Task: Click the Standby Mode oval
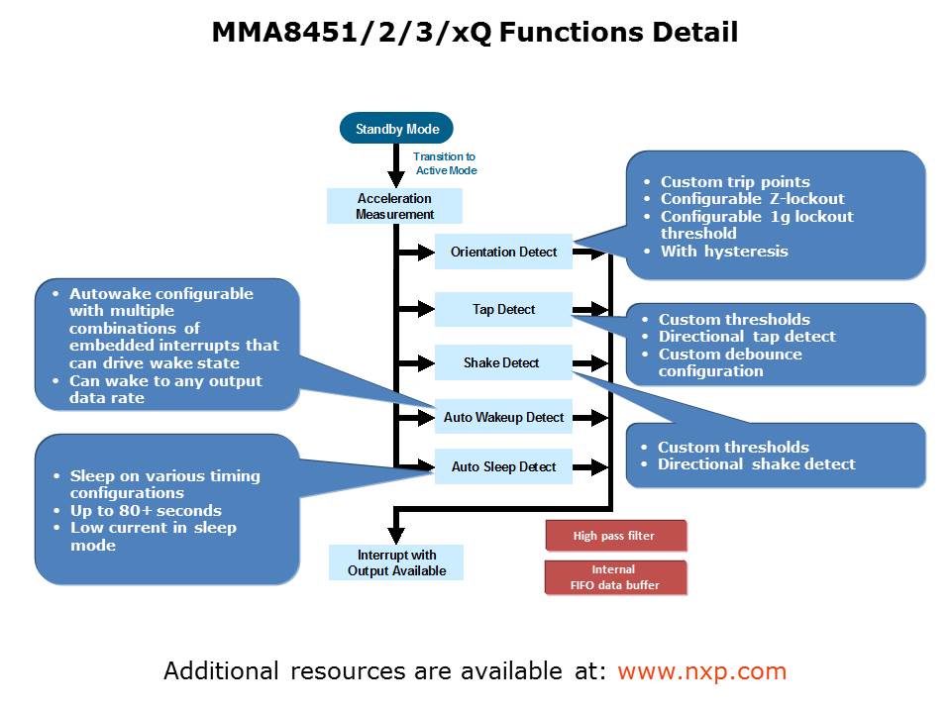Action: (396, 129)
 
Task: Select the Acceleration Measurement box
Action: (395, 206)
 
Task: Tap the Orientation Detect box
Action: (503, 252)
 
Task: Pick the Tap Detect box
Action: (503, 310)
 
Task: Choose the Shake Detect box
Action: (503, 362)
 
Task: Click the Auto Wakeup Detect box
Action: (503, 418)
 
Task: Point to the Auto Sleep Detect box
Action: (503, 466)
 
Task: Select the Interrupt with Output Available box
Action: (396, 562)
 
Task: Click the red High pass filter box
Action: (614, 536)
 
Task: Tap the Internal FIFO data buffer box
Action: (614, 577)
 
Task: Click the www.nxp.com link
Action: (701, 671)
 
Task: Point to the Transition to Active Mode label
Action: (445, 163)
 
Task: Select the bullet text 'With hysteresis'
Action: (724, 252)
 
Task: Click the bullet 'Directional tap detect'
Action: (747, 337)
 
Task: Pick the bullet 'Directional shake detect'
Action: (756, 464)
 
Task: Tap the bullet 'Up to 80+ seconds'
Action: (146, 511)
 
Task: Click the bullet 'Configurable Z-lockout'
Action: (752, 199)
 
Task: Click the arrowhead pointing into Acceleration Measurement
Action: (395, 179)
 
